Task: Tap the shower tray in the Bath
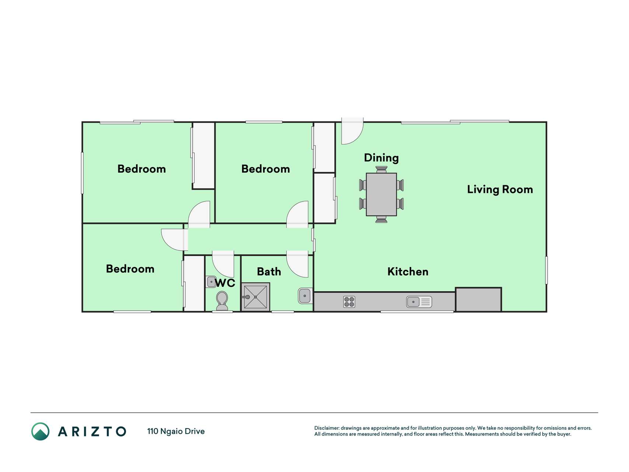[255, 297]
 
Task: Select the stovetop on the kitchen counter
[349, 302]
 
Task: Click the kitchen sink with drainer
[419, 302]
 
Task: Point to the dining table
[381, 194]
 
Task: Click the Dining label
[381, 158]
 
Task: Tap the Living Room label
[500, 190]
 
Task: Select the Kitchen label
[408, 272]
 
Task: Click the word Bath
[269, 272]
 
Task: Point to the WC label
[225, 283]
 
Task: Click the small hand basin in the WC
[211, 282]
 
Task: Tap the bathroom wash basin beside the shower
[304, 296]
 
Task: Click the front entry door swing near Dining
[352, 131]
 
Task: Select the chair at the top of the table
[381, 170]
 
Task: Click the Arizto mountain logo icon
[41, 431]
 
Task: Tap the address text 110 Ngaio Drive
[176, 431]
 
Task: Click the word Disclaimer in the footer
[326, 428]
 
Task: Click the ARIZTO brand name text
[92, 431]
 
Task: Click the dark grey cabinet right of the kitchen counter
[478, 299]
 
